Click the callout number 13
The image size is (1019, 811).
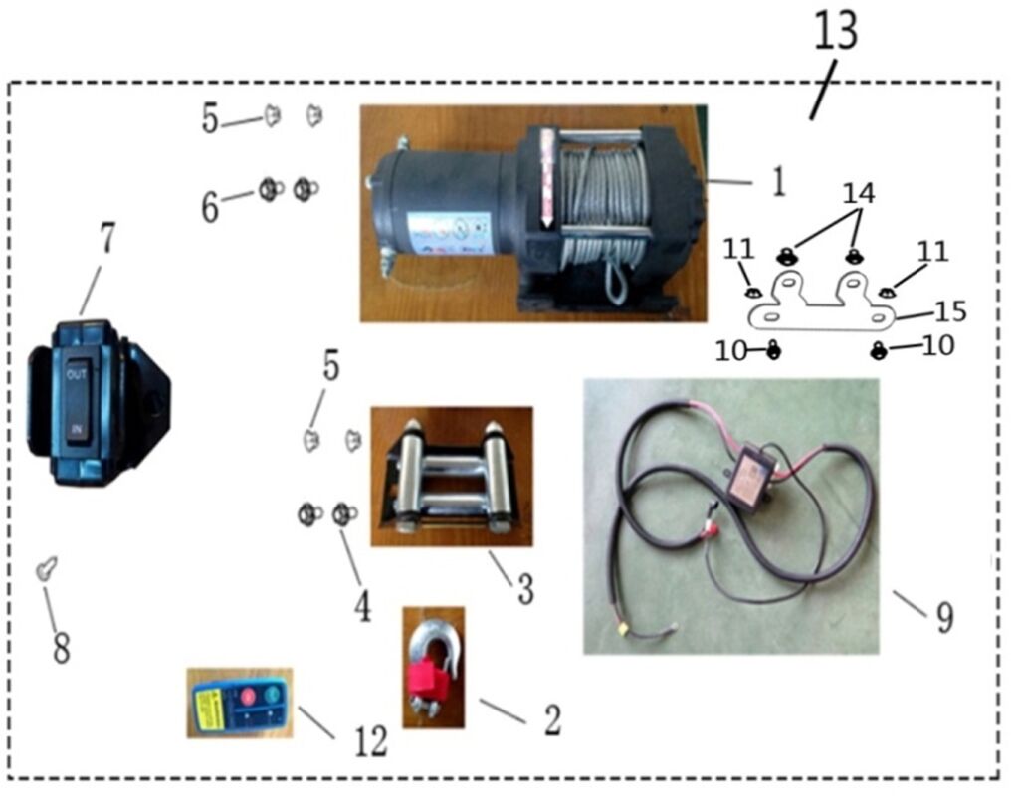(x=835, y=32)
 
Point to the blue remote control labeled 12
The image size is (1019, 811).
(x=239, y=704)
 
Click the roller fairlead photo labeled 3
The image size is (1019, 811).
(x=451, y=476)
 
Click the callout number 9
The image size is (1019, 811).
(x=943, y=616)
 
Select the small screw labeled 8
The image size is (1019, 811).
(x=43, y=568)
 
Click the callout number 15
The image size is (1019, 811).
(x=950, y=311)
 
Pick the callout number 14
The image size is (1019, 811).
(x=858, y=193)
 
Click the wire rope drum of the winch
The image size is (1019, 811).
(x=597, y=204)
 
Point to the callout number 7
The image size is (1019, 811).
(x=107, y=238)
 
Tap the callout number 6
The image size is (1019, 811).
(x=210, y=206)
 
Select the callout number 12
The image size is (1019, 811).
(x=369, y=741)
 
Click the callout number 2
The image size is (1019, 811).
(x=551, y=719)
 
